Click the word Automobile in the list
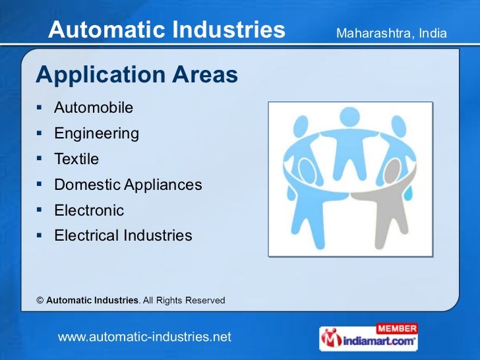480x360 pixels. point(93,107)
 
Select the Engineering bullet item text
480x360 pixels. point(96,134)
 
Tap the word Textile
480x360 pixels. point(76,160)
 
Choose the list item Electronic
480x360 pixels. point(89,210)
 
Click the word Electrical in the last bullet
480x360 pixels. point(83,235)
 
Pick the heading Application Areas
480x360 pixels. point(136,75)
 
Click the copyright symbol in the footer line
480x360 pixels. point(40,301)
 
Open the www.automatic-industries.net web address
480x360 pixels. point(144,337)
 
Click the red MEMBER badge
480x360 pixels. point(396,328)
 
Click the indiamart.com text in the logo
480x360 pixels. point(378,342)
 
